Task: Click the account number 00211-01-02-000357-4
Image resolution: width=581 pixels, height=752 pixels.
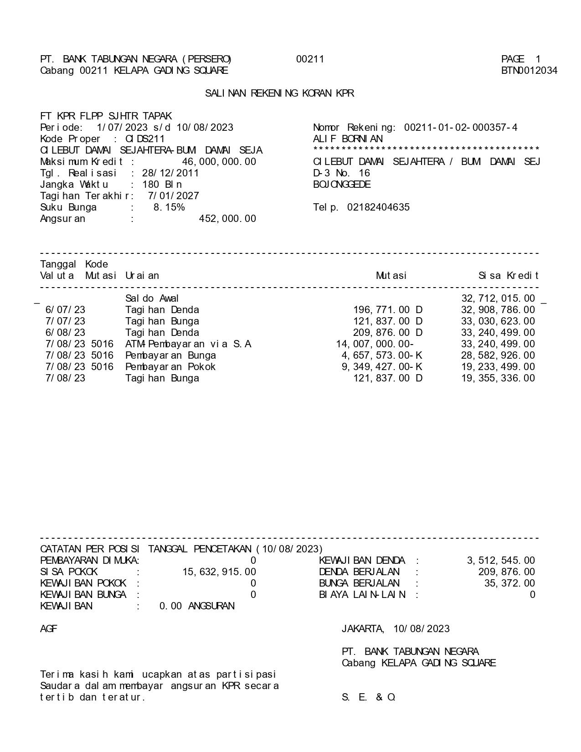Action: [x=461, y=128]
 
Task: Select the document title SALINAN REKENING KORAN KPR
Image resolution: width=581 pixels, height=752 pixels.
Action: [x=279, y=93]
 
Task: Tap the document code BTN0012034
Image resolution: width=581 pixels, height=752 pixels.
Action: [x=529, y=71]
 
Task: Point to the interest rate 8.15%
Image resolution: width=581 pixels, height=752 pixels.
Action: [x=169, y=207]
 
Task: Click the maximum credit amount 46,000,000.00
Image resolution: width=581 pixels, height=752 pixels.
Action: [x=219, y=162]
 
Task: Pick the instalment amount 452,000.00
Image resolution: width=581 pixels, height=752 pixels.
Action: [x=227, y=219]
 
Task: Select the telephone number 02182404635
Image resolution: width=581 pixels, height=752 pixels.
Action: [x=378, y=207]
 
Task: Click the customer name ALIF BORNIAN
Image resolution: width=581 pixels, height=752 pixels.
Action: [x=348, y=139]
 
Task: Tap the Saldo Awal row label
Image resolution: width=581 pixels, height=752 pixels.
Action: [x=152, y=299]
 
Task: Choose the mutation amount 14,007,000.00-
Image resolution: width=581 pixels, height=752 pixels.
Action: [x=375, y=344]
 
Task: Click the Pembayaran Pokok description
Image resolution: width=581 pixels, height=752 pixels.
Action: [x=170, y=367]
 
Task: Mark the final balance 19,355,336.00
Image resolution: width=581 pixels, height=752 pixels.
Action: [x=498, y=378]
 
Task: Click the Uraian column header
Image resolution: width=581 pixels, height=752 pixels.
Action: [x=142, y=276]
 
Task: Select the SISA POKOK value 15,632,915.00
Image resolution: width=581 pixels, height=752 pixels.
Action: [x=219, y=572]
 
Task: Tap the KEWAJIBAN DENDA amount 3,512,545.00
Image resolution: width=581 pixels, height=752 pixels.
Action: [x=501, y=561]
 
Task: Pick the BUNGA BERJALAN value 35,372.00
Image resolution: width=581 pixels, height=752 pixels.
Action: [x=509, y=583]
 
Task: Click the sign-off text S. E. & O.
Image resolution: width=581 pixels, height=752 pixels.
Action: [x=369, y=697]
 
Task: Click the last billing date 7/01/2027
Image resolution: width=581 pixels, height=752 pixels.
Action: [x=173, y=196]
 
